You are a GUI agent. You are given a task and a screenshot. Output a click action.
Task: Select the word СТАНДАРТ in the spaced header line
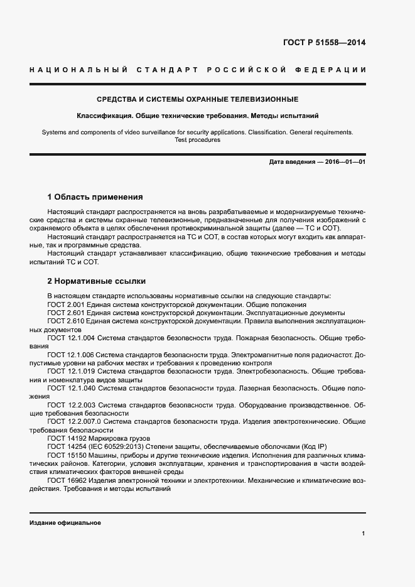click(x=164, y=69)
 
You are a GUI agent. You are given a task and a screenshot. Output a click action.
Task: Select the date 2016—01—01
click(x=345, y=162)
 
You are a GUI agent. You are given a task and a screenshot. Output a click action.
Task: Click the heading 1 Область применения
click(x=95, y=197)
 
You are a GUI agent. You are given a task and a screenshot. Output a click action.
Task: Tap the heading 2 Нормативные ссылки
click(x=97, y=281)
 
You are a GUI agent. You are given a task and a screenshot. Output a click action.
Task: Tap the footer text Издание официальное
click(x=65, y=522)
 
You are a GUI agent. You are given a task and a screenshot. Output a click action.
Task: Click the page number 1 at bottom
click(x=364, y=534)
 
